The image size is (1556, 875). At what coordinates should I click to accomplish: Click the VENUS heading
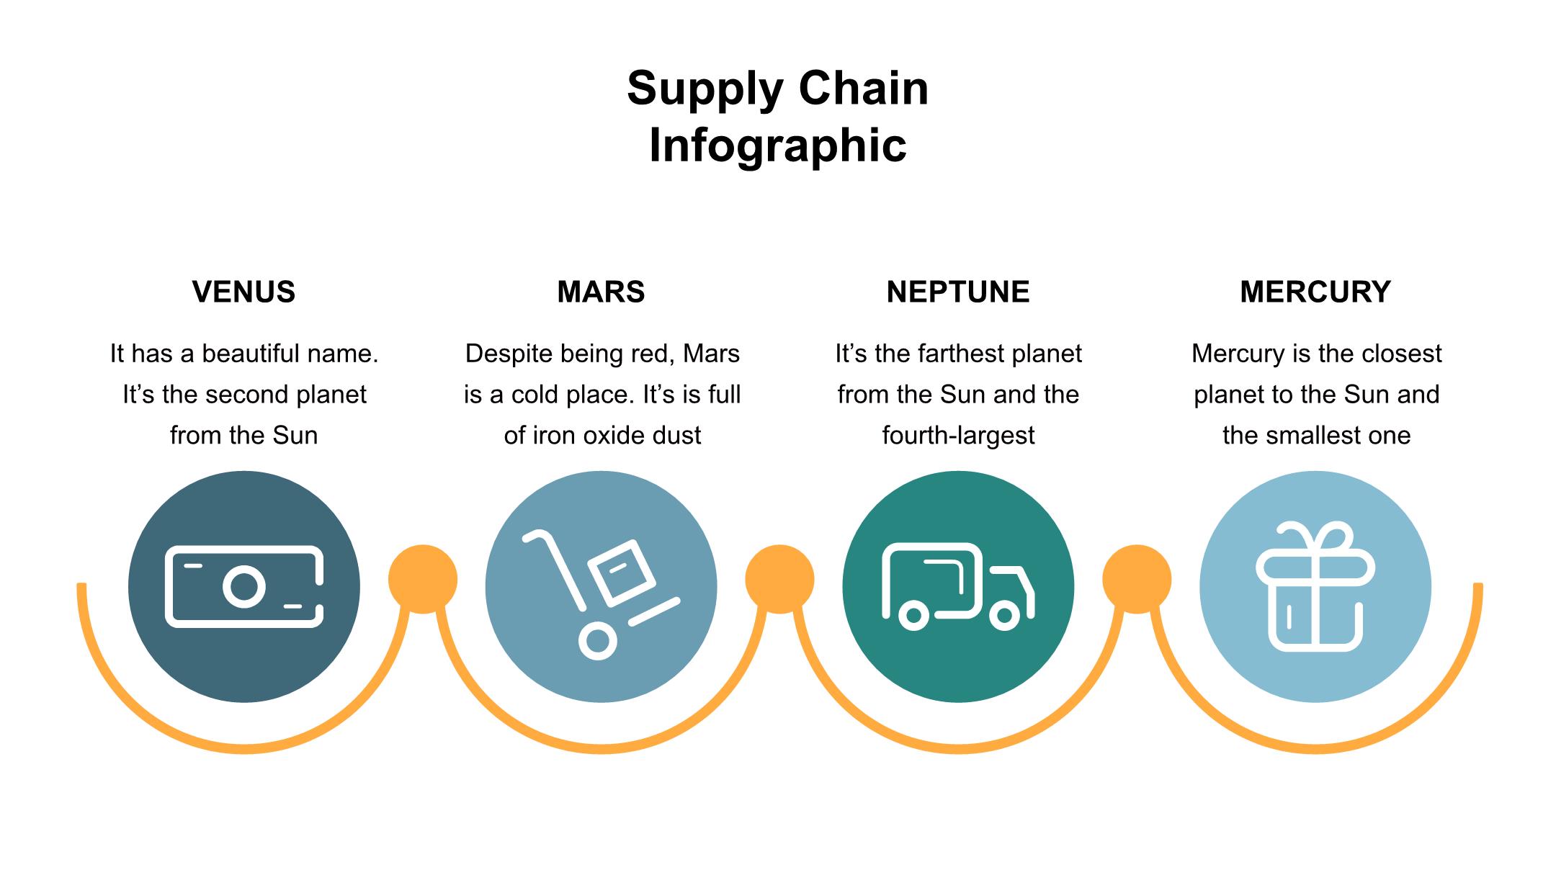click(x=243, y=292)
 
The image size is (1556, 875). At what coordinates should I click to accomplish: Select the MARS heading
click(x=601, y=292)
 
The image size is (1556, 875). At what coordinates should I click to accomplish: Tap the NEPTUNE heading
click(x=958, y=292)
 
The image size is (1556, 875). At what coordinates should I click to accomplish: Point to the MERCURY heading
click(x=1315, y=292)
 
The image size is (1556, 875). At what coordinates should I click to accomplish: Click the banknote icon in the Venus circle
click(x=244, y=586)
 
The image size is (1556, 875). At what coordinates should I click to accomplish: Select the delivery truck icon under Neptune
click(x=958, y=586)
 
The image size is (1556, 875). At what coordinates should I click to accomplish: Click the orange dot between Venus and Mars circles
click(x=423, y=579)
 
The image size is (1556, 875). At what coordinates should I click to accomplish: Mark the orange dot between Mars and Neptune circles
click(x=779, y=579)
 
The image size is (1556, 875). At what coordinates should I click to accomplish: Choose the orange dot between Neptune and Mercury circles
click(x=1137, y=579)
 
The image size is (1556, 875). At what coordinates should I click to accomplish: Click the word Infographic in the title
click(x=778, y=145)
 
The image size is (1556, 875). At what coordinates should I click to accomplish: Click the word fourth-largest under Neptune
click(x=958, y=436)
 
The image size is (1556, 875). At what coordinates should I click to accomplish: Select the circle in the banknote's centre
click(x=244, y=586)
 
